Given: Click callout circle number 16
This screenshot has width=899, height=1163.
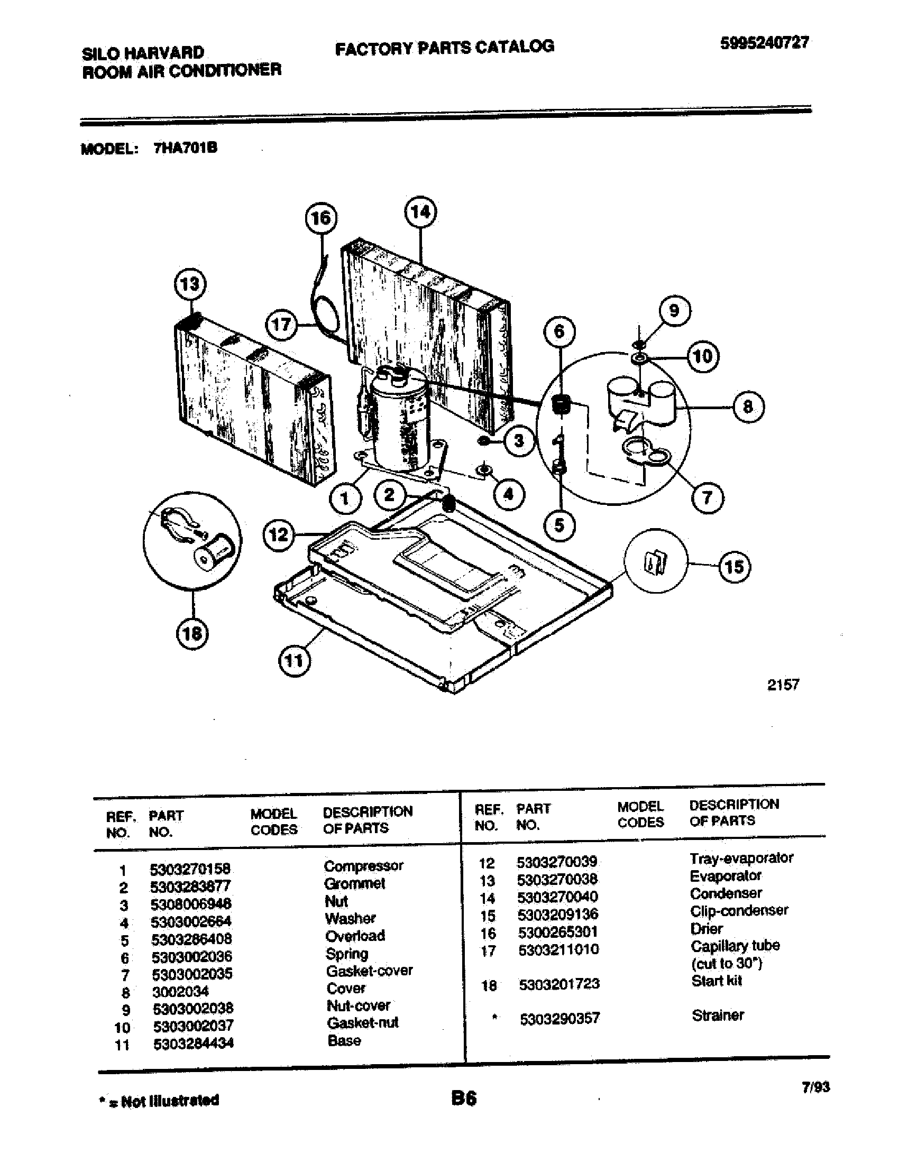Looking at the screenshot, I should pos(320,218).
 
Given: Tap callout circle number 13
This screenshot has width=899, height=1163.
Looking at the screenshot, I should pos(190,284).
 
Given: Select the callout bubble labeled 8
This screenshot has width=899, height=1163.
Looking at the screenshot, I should pos(748,407).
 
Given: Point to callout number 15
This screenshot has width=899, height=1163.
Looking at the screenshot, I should pos(735,566).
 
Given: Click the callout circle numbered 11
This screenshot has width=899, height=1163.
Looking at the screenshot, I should pos(294,661).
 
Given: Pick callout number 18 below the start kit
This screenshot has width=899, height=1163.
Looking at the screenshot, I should pos(192,633).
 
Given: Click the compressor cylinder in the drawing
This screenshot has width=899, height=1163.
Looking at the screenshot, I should pos(399,421).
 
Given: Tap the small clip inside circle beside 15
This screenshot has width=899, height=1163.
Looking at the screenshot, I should pos(655,562).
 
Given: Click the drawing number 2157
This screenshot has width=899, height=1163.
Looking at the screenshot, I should pos(782,685).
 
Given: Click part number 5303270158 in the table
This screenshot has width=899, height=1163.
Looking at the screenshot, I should pos(190,869).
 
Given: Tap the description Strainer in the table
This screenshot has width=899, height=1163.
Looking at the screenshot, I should pos(718,1015).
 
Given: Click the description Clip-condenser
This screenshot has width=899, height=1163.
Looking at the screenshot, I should pos(739,910).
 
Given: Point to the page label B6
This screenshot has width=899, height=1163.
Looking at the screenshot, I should pos(463,1099).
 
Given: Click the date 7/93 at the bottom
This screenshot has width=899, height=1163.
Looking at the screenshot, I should pos(815,1087).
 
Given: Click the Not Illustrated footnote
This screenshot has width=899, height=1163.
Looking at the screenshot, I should pos(160,1100).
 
